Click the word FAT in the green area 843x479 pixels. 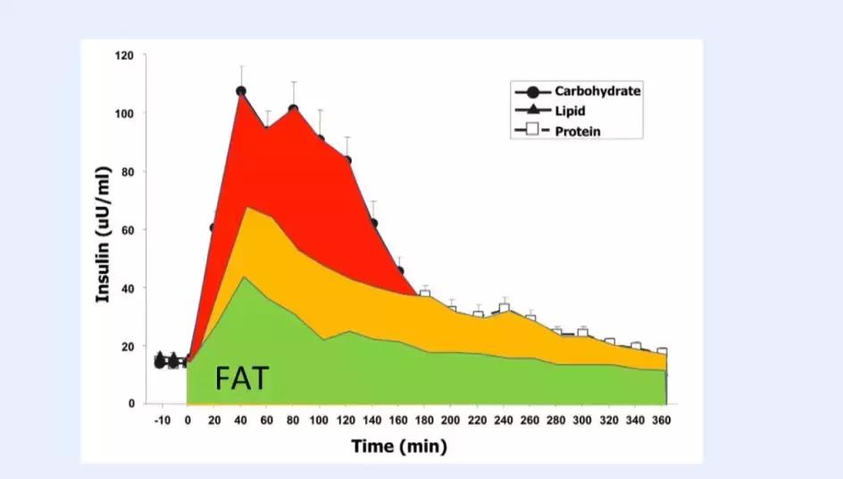coord(241,378)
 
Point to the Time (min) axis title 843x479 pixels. coord(398,446)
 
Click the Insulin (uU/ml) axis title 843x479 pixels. coord(104,233)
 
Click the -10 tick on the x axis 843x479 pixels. coord(161,420)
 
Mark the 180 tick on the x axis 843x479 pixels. coord(424,420)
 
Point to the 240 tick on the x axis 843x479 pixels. coord(504,420)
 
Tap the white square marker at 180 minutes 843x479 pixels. coord(425,293)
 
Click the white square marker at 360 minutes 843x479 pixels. coord(662,352)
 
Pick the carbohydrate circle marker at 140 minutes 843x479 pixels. coord(372,223)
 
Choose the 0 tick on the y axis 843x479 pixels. coord(131,404)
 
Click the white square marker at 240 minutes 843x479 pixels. coord(505,308)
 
